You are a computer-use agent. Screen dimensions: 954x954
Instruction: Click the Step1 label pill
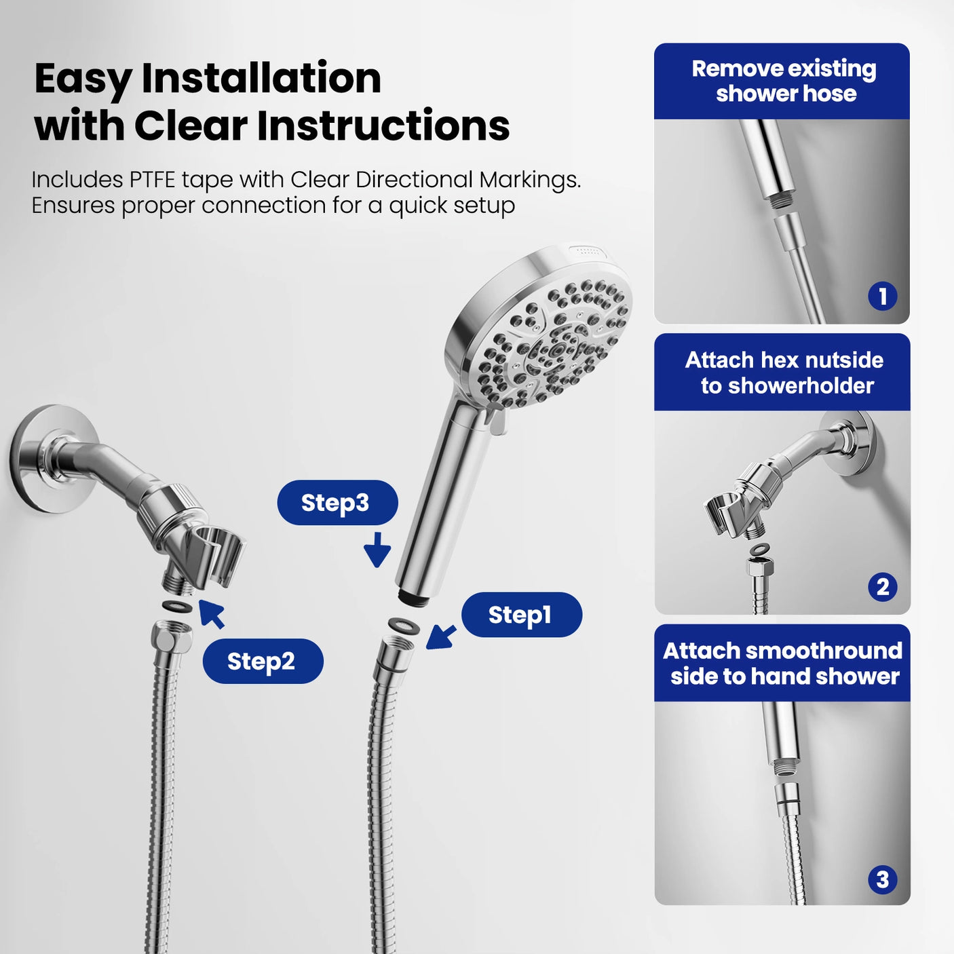[x=521, y=615]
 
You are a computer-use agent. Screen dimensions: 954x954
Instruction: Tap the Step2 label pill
[x=263, y=661]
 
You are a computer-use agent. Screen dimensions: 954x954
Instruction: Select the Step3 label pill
[x=337, y=503]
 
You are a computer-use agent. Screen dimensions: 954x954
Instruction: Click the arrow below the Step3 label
[x=377, y=550]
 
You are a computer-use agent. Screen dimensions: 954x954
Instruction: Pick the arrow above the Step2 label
[x=212, y=613]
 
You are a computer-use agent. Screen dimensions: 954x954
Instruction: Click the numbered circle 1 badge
[x=882, y=297]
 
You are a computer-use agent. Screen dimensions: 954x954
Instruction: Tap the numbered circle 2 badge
[x=882, y=587]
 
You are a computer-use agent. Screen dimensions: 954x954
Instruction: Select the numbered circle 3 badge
[x=882, y=880]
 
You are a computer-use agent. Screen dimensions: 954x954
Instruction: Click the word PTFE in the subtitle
[x=153, y=180]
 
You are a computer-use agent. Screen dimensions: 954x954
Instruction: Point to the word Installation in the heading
[x=261, y=78]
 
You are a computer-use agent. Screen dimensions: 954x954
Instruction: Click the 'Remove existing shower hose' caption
[x=783, y=81]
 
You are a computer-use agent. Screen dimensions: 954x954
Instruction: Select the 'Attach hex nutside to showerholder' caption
[x=783, y=373]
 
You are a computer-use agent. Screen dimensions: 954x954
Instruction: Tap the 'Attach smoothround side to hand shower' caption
[x=783, y=663]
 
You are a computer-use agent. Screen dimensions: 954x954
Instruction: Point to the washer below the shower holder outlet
[x=177, y=605]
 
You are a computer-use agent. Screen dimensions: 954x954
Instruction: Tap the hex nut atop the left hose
[x=171, y=636]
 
